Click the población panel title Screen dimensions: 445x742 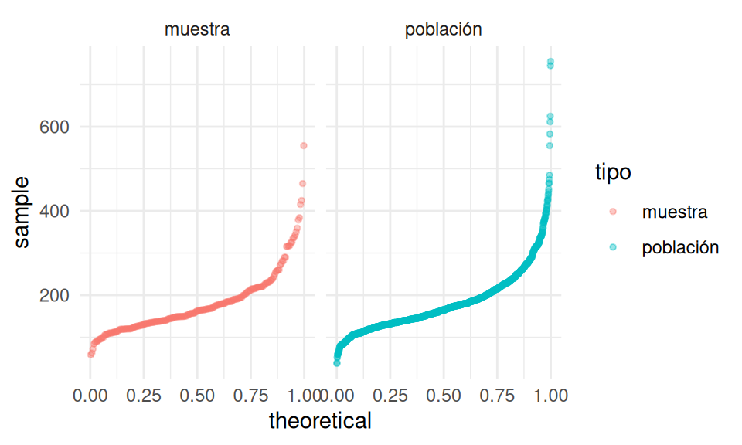tap(443, 30)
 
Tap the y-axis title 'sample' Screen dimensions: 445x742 tap(22, 211)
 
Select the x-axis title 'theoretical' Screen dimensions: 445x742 tap(320, 421)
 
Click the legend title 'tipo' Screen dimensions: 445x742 tap(612, 173)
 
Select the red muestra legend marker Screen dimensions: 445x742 tap(613, 211)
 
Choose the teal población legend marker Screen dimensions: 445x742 tap(613, 247)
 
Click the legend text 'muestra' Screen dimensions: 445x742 tap(674, 211)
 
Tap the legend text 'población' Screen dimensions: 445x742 tap(680, 247)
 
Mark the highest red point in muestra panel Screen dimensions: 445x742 tap(304, 145)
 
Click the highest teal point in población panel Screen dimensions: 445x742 tap(550, 61)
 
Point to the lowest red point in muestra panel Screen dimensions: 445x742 tap(90, 355)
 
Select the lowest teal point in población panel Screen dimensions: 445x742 tap(337, 362)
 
